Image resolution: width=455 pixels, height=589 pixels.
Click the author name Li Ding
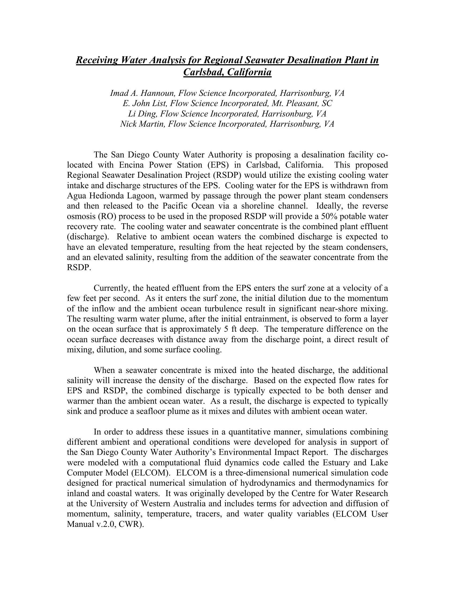143,114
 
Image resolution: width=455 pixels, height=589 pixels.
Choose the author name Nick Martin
142,124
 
